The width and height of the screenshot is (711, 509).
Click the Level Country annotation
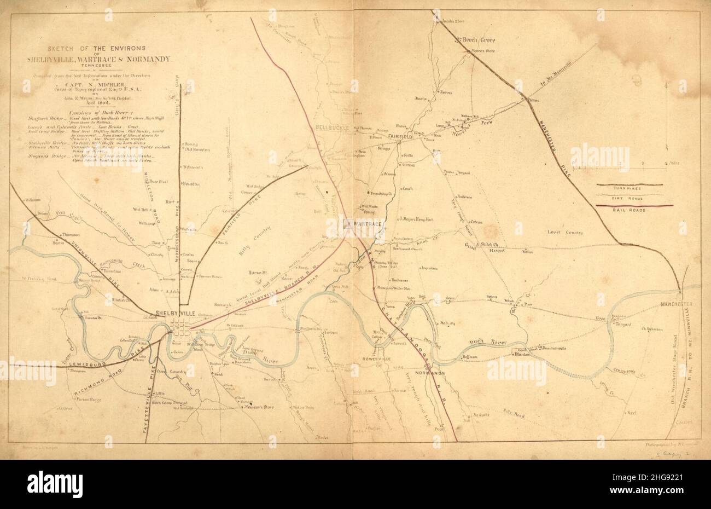click(x=565, y=233)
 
